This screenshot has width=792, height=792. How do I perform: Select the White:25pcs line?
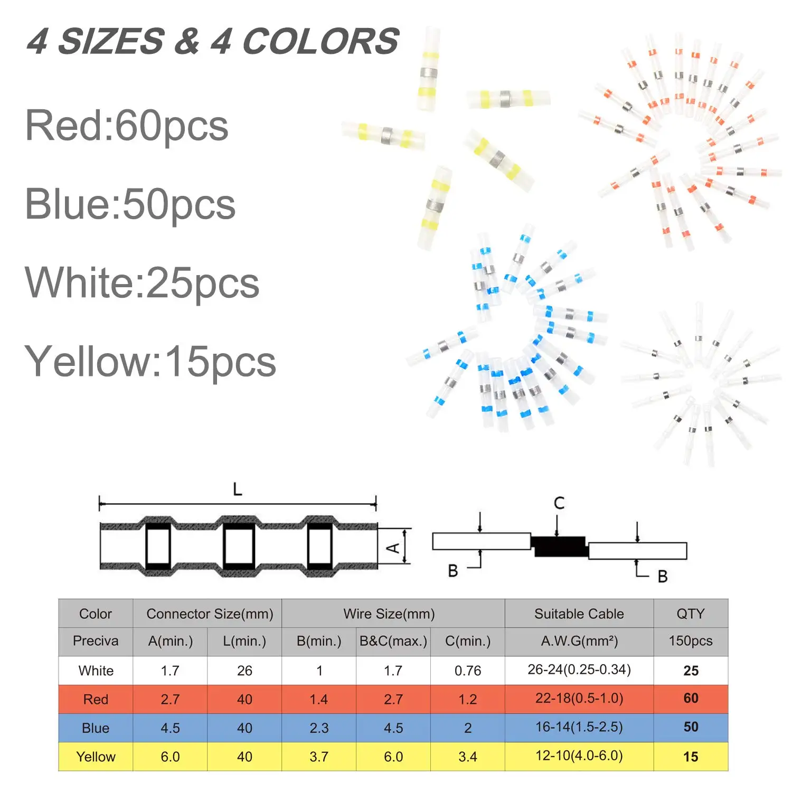pyautogui.click(x=142, y=283)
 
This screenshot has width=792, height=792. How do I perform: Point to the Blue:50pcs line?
pyautogui.click(x=130, y=204)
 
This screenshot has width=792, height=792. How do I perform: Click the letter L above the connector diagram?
pyautogui.click(x=238, y=489)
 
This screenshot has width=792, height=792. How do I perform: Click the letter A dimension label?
pyautogui.click(x=393, y=548)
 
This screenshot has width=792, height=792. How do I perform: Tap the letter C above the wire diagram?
pyautogui.click(x=559, y=503)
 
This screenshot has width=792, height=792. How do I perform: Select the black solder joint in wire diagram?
pyautogui.click(x=560, y=546)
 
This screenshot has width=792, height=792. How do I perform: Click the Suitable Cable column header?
pyautogui.click(x=579, y=614)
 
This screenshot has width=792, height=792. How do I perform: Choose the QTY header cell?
pyautogui.click(x=691, y=614)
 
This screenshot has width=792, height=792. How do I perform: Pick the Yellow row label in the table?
pyautogui.click(x=96, y=757)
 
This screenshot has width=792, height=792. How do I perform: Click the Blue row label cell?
pyautogui.click(x=96, y=728)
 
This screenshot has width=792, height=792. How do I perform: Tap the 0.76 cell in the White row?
pyautogui.click(x=468, y=671)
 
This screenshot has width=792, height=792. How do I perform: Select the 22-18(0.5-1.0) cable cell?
pyautogui.click(x=579, y=699)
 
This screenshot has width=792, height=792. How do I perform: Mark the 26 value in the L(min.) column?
pyautogui.click(x=244, y=671)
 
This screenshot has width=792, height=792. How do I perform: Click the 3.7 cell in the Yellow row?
pyautogui.click(x=319, y=757)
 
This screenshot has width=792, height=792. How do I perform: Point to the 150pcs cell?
pyautogui.click(x=691, y=641)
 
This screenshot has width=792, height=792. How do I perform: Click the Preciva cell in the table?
pyautogui.click(x=96, y=641)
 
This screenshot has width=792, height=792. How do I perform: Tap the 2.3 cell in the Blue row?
pyautogui.click(x=319, y=728)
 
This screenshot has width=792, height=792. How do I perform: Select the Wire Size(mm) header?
pyautogui.click(x=389, y=614)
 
